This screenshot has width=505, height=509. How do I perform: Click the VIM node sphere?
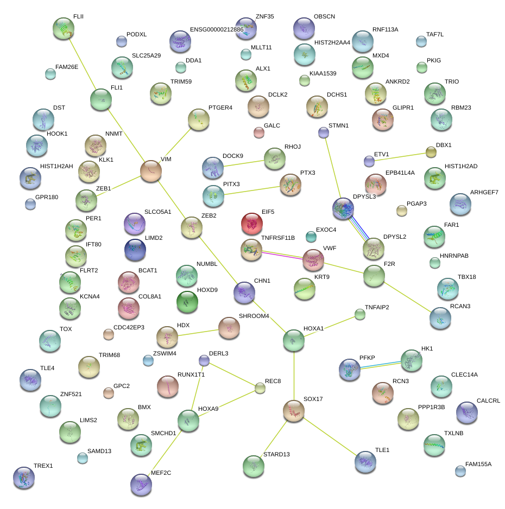point(151,170)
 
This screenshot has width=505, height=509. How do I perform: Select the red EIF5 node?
point(251,222)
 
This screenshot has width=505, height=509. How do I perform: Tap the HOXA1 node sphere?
point(294,340)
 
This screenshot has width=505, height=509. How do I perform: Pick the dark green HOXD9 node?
point(187,301)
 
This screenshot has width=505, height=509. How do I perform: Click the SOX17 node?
point(294,411)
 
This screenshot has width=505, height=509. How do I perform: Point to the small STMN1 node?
point(324,132)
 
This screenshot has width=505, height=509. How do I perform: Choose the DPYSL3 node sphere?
point(343,209)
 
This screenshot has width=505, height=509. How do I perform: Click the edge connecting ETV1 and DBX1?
point(400,157)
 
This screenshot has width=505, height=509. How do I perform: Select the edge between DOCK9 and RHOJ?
point(243,163)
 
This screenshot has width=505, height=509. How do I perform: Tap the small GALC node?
point(259,132)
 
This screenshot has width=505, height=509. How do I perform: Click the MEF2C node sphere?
point(141,484)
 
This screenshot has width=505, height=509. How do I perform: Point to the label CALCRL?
point(488,401)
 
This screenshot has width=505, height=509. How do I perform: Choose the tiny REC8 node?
point(260,387)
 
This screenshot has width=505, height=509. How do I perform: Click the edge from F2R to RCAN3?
point(407,297)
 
